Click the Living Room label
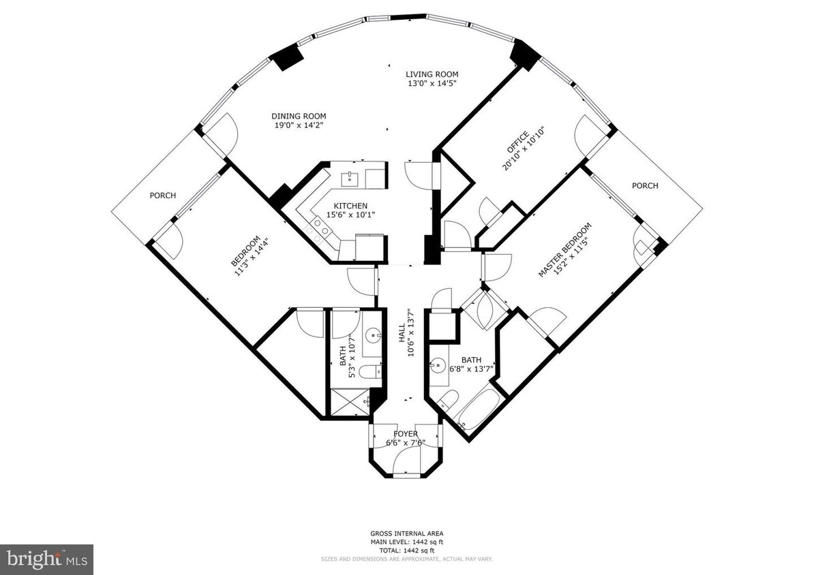(432, 74)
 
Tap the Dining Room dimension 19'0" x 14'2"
(299, 125)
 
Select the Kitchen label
(350, 206)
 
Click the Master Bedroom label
(563, 251)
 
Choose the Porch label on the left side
(163, 196)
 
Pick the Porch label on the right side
(645, 186)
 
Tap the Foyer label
(406, 434)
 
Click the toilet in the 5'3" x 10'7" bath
(370, 371)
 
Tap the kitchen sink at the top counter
(350, 178)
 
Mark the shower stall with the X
(349, 403)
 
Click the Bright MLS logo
(46, 559)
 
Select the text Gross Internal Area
(406, 534)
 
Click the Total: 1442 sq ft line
(406, 550)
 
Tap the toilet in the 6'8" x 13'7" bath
(448, 401)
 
